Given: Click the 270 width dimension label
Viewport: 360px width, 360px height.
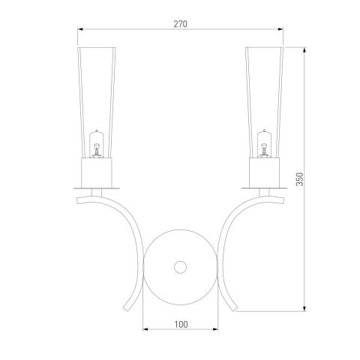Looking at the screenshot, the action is pos(180,24).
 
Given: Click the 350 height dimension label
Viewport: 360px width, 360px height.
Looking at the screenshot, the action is pos(299,179).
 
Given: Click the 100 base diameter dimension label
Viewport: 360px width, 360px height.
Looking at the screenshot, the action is pos(181,325).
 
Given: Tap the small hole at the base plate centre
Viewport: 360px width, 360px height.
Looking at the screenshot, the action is pos(180,267).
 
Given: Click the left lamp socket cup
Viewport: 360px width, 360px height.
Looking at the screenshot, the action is pos(97,172).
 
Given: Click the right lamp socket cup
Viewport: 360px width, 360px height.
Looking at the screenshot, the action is pos(264,172).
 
